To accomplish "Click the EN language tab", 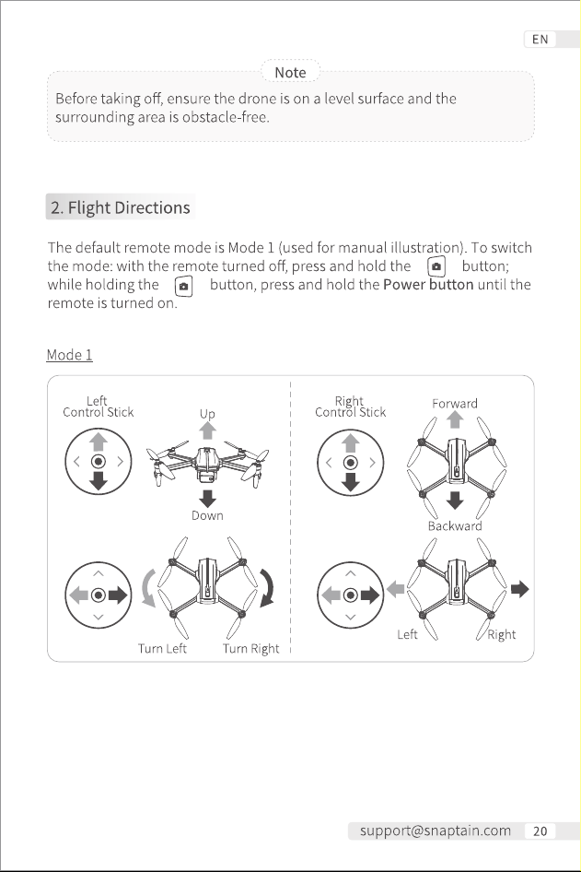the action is (x=540, y=40).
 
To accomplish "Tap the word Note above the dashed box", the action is (x=291, y=72).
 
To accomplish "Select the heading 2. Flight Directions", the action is (x=121, y=207).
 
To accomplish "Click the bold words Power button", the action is (x=428, y=284).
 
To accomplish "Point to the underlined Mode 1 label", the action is (x=69, y=355).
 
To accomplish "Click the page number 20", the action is (x=540, y=831).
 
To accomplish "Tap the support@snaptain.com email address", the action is (x=436, y=831).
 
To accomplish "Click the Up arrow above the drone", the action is (x=208, y=430).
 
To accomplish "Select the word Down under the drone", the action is (x=208, y=515).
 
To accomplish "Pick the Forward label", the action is (x=455, y=403).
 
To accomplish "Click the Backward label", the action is (x=455, y=525).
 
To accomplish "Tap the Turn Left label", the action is (x=162, y=648).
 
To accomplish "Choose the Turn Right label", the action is (x=251, y=648).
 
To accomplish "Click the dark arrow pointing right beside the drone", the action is (x=520, y=589).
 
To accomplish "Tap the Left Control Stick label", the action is (x=99, y=407).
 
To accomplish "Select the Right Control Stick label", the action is (x=351, y=407).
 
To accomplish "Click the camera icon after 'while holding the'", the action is (x=184, y=287).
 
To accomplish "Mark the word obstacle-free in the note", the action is (x=226, y=117).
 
